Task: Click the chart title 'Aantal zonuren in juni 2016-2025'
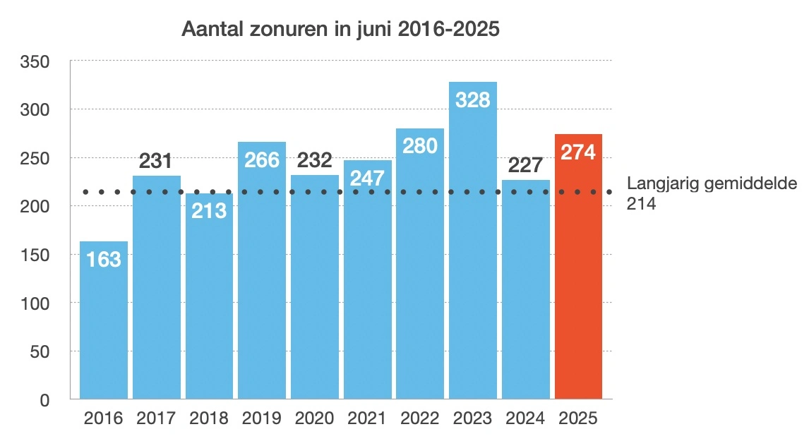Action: (x=341, y=29)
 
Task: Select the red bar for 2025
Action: (x=579, y=282)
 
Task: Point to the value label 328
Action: (x=473, y=100)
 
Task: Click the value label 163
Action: (x=104, y=260)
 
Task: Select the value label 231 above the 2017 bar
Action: (x=156, y=162)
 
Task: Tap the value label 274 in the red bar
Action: (x=579, y=152)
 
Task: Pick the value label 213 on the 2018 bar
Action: (x=209, y=210)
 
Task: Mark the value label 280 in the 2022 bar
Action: (x=420, y=146)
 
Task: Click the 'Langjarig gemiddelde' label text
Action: (x=712, y=184)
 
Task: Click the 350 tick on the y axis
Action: (x=35, y=62)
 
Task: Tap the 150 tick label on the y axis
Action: (x=35, y=255)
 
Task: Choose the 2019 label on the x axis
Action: (x=262, y=418)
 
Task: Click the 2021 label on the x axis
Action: (x=367, y=418)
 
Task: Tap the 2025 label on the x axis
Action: (x=578, y=418)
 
